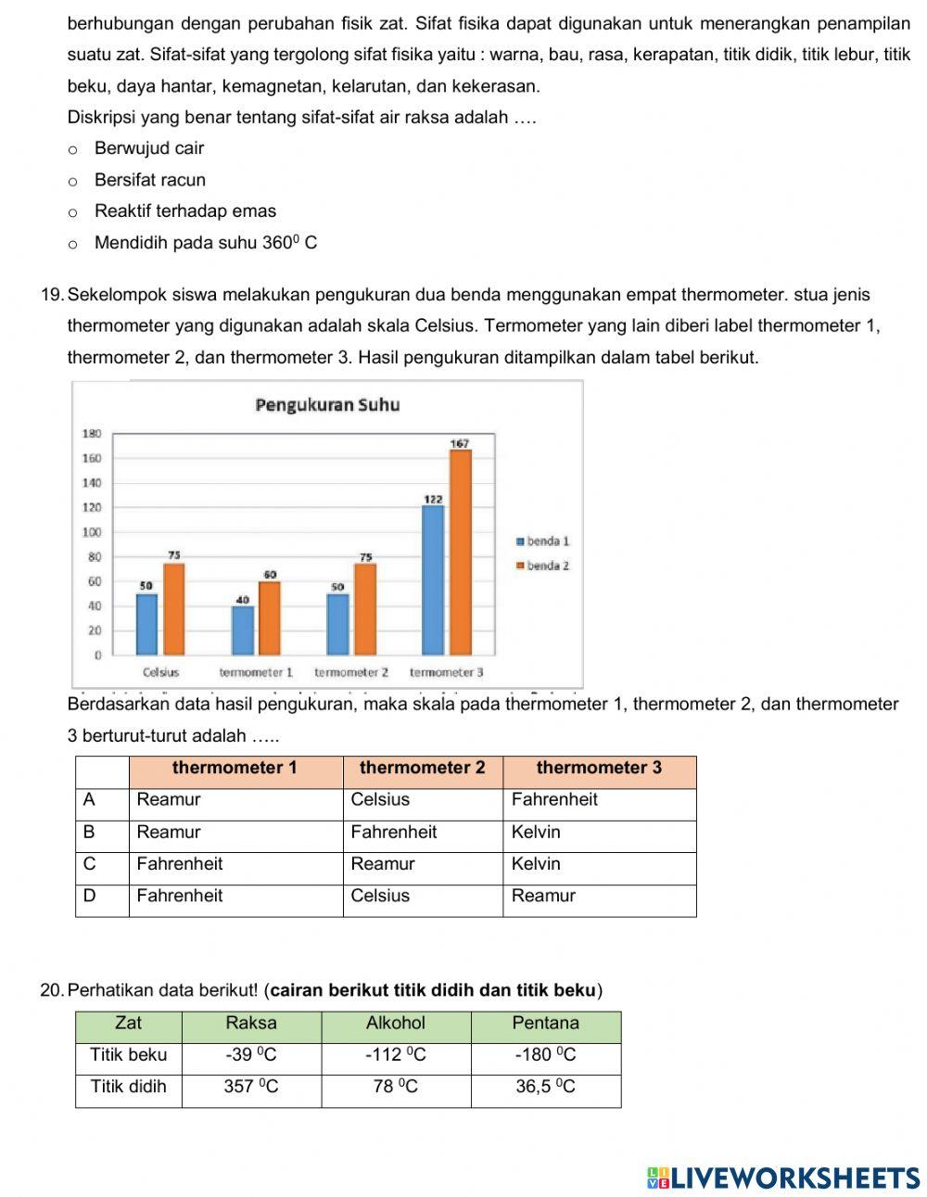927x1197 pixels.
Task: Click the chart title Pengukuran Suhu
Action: tap(327, 405)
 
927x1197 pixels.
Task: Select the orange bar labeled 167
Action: tap(460, 553)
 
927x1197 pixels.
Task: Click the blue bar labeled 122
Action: tap(433, 580)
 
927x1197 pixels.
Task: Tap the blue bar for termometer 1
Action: tap(243, 630)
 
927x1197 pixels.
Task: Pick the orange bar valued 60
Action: tap(270, 618)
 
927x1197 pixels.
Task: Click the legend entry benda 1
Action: tap(543, 541)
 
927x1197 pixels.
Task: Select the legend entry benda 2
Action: tap(543, 566)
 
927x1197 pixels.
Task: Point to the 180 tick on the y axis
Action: tap(92, 434)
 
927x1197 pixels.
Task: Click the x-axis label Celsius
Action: tap(160, 672)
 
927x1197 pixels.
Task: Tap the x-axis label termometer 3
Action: tap(446, 672)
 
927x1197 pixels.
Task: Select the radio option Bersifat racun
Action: tap(73, 181)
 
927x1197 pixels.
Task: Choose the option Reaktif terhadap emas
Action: tap(73, 212)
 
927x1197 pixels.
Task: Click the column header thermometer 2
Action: tap(422, 768)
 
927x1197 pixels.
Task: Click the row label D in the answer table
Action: tap(89, 896)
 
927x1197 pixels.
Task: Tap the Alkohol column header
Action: tap(396, 1023)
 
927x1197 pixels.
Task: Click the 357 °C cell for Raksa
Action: tap(250, 1087)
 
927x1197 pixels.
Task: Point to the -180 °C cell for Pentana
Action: tap(545, 1054)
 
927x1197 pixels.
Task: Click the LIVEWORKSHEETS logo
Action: tap(783, 1178)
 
